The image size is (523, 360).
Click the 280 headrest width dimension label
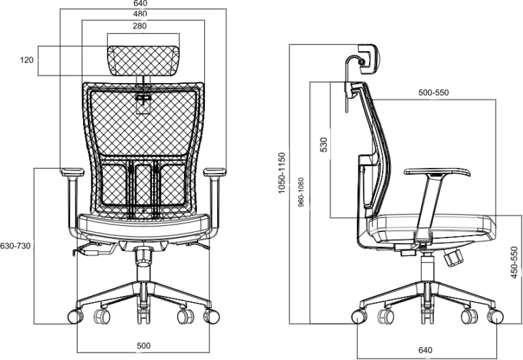140,26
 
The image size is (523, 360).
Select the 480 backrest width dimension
140,14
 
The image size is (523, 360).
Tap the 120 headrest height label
27,60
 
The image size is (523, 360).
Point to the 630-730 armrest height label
15,246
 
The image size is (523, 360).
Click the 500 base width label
144,346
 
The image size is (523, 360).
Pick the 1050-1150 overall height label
282,173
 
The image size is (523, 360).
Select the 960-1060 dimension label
301,193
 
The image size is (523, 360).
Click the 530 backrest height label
324,145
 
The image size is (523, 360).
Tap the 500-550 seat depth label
434,93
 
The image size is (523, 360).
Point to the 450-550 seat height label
515,262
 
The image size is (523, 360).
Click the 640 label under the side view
425,350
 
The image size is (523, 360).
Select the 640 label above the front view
140,3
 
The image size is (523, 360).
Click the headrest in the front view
144,61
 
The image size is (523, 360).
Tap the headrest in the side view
368,59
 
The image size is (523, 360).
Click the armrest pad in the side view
437,172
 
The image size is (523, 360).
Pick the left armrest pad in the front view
72,172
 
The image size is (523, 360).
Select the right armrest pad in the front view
215,172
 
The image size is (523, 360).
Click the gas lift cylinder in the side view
427,268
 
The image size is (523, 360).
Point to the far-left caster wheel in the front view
75,316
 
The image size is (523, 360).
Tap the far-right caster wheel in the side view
495,316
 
